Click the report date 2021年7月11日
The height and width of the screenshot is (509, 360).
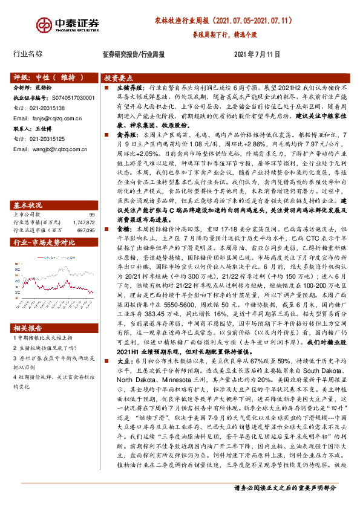pyautogui.click(x=257, y=54)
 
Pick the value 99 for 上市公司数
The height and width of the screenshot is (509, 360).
pyautogui.click(x=92, y=198)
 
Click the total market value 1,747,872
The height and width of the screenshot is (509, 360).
pyautogui.click(x=83, y=206)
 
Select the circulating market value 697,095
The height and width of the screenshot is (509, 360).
pyautogui.click(x=85, y=214)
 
